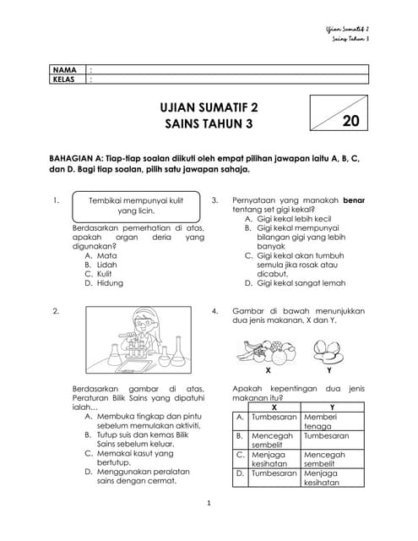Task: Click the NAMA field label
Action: pos(64,69)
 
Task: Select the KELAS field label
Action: pos(65,79)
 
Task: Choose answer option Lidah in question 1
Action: pos(106,265)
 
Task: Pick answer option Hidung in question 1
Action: pos(109,284)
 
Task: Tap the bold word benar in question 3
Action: pos(353,200)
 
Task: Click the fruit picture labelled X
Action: pos(267,350)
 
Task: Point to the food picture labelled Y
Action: pos(328,350)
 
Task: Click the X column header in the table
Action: pos(273,407)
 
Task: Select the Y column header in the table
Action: pos(331,407)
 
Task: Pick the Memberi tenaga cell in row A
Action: pos(331,422)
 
